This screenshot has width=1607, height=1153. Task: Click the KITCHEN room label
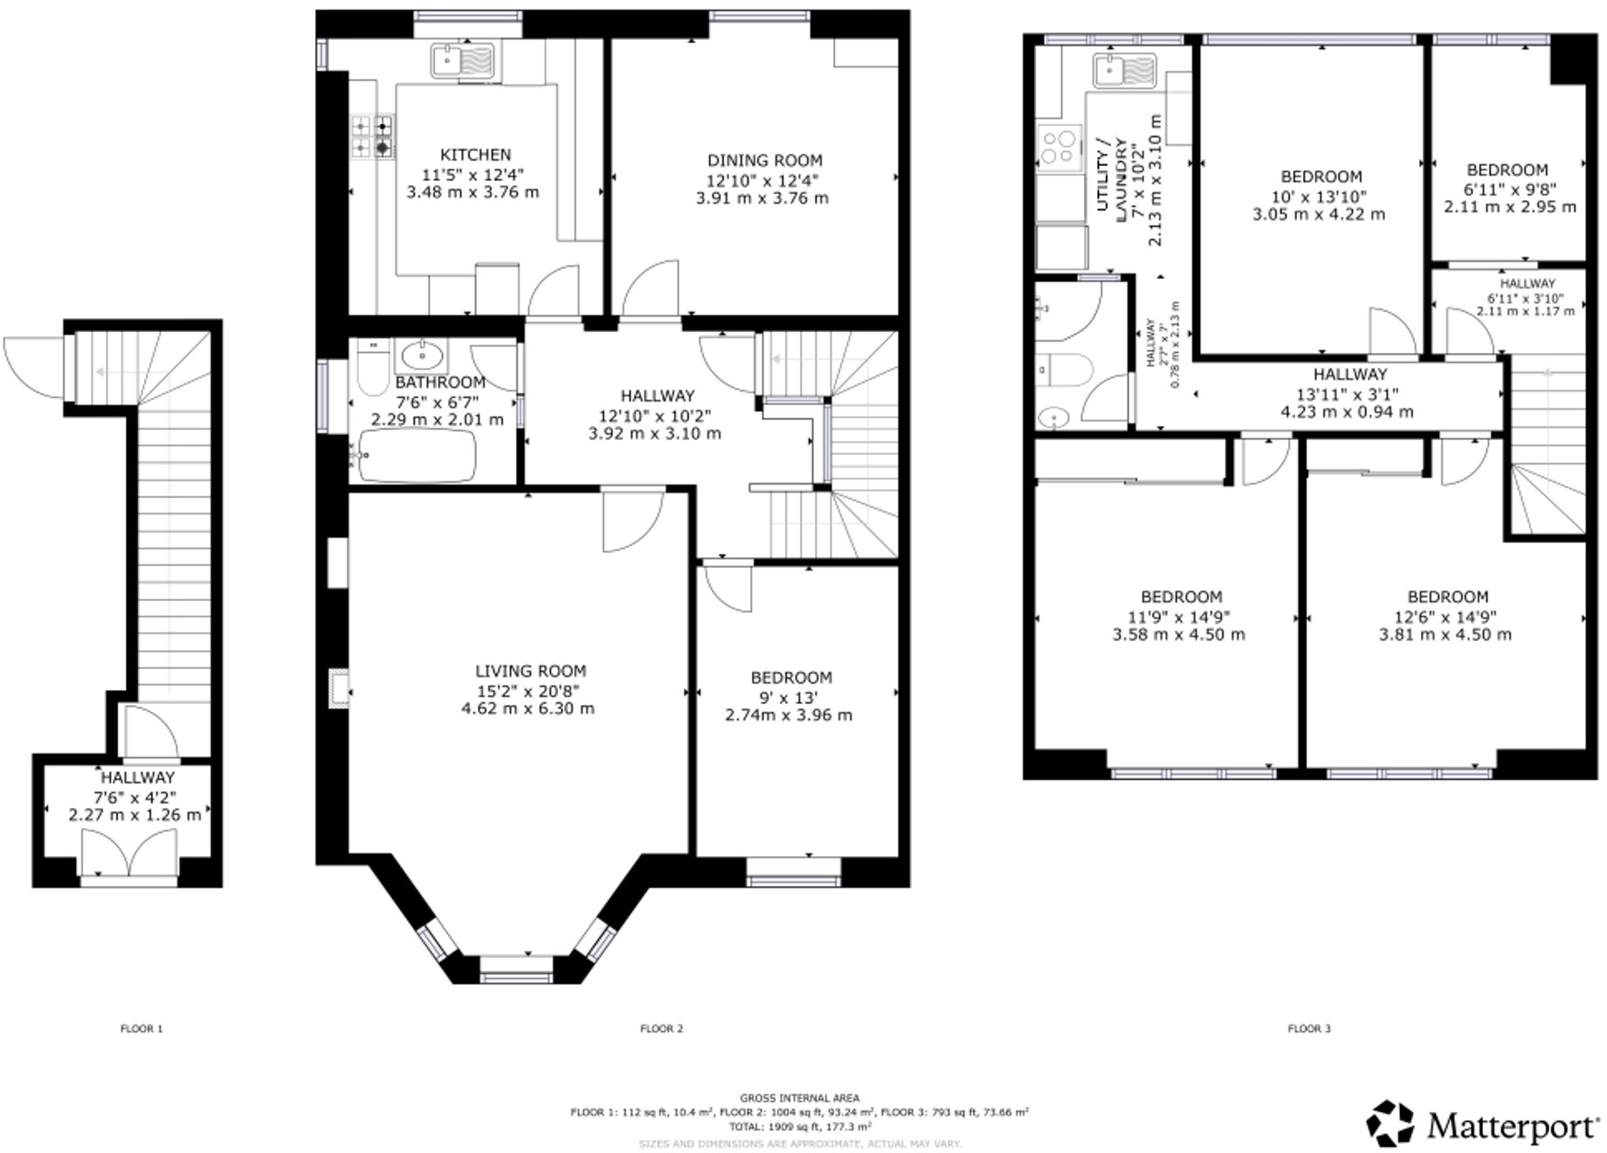[475, 155]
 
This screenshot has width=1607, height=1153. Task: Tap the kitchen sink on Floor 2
[463, 62]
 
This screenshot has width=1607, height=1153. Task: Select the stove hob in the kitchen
[372, 137]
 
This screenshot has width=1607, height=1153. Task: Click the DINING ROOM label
[764, 161]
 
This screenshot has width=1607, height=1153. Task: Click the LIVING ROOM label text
[530, 671]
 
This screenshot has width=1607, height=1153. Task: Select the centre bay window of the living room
[516, 964]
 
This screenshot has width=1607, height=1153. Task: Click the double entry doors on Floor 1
[128, 853]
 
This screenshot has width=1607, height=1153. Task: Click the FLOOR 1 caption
[141, 1028]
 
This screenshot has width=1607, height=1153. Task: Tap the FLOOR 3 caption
[1308, 1028]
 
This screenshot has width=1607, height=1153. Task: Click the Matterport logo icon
[1390, 1122]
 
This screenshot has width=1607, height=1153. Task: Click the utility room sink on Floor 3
[1124, 70]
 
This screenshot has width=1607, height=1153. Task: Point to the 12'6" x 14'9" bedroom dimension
[1447, 616]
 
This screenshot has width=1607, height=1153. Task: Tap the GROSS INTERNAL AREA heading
[799, 1098]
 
